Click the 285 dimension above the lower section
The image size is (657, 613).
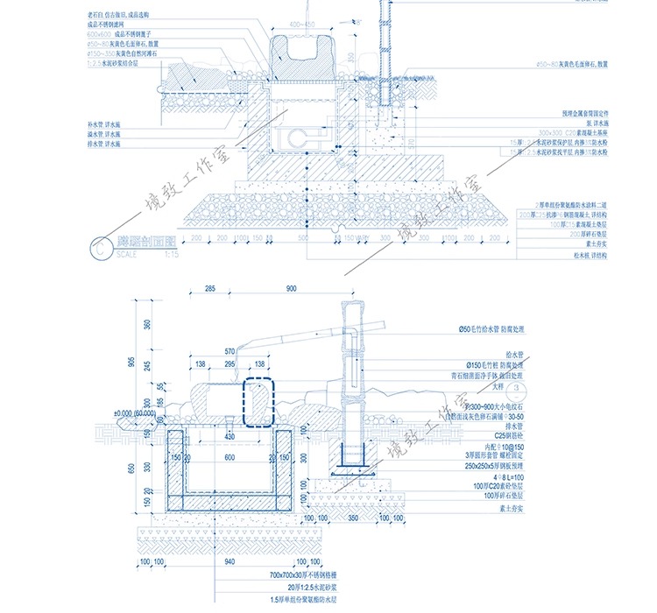coord(209,288)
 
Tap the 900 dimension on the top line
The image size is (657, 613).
coord(291,288)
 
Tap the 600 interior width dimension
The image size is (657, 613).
coord(230,457)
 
